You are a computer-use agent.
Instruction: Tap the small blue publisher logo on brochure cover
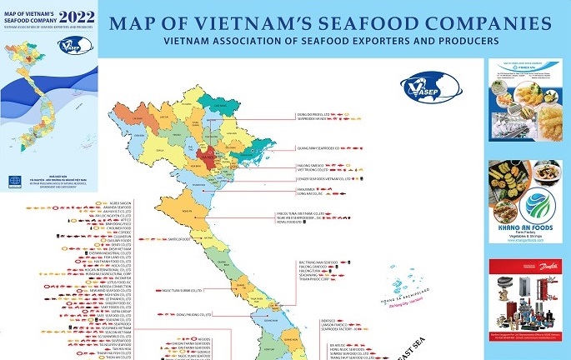click(x=13, y=181)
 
